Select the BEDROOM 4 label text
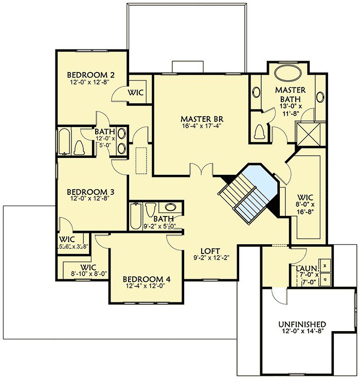(147, 280)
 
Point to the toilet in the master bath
(260, 132)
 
